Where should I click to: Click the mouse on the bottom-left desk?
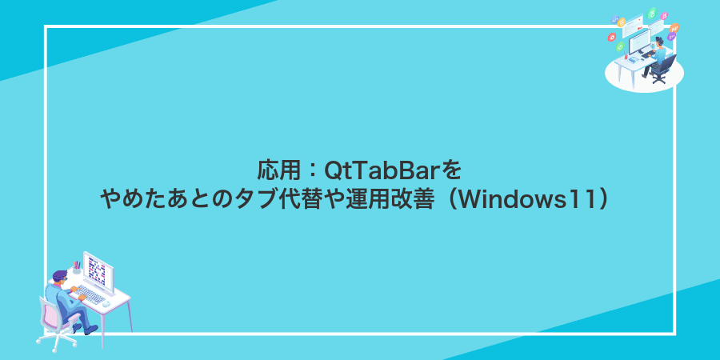pos(106,305)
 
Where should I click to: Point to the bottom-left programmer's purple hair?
pos(59,274)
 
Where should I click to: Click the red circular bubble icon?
pos(612,36)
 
